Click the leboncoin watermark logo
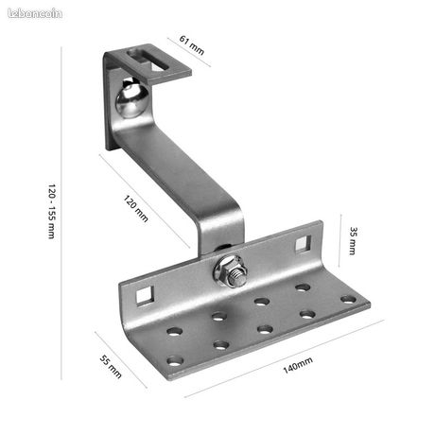35,13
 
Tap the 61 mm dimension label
192,45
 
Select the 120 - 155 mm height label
52,211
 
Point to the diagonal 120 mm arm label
135,208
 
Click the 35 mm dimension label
353,240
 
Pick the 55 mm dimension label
111,366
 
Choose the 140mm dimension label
298,365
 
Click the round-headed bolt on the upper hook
131,98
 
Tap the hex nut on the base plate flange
230,271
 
